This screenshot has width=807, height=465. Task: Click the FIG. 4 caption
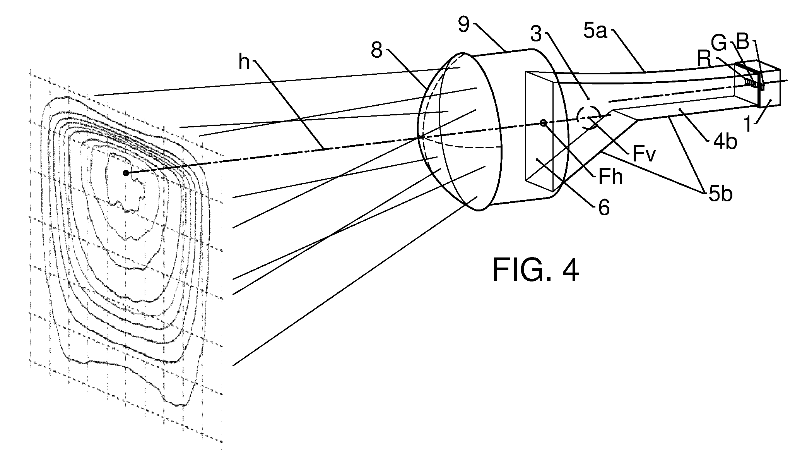[535, 270]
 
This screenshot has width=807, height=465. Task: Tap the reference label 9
[464, 25]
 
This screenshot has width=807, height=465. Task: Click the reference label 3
[536, 34]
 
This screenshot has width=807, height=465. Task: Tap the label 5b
[721, 194]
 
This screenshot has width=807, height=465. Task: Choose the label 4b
[725, 141]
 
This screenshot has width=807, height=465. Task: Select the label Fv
[645, 154]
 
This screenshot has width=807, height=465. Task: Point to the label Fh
[610, 177]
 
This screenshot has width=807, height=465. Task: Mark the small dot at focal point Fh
[544, 123]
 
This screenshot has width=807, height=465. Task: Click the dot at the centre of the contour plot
[126, 173]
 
